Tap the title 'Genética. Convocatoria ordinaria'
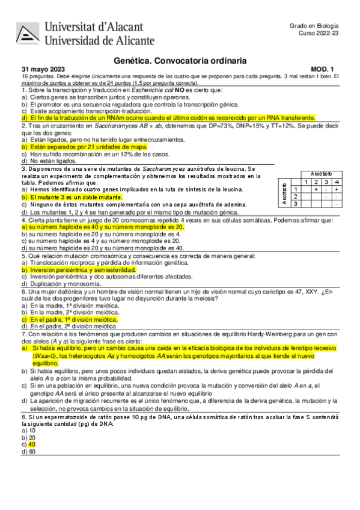click(180, 61)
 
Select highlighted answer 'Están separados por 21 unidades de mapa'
click(84, 146)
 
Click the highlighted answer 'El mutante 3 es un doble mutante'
click(72, 197)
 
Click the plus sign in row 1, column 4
click(337, 189)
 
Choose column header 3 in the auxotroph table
click(326, 182)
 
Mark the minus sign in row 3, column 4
click(337, 204)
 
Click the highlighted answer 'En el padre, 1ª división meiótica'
click(72, 320)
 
